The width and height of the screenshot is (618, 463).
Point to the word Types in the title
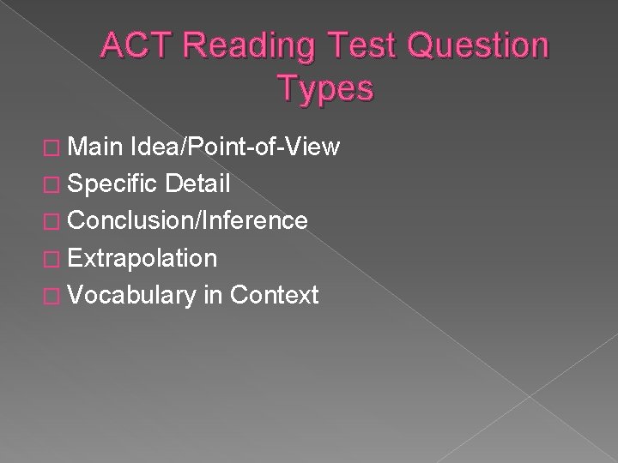(x=325, y=87)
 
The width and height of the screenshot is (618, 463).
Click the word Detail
(x=200, y=183)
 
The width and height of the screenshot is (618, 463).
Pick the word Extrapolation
(x=143, y=258)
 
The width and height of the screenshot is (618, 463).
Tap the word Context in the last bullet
(x=275, y=295)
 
